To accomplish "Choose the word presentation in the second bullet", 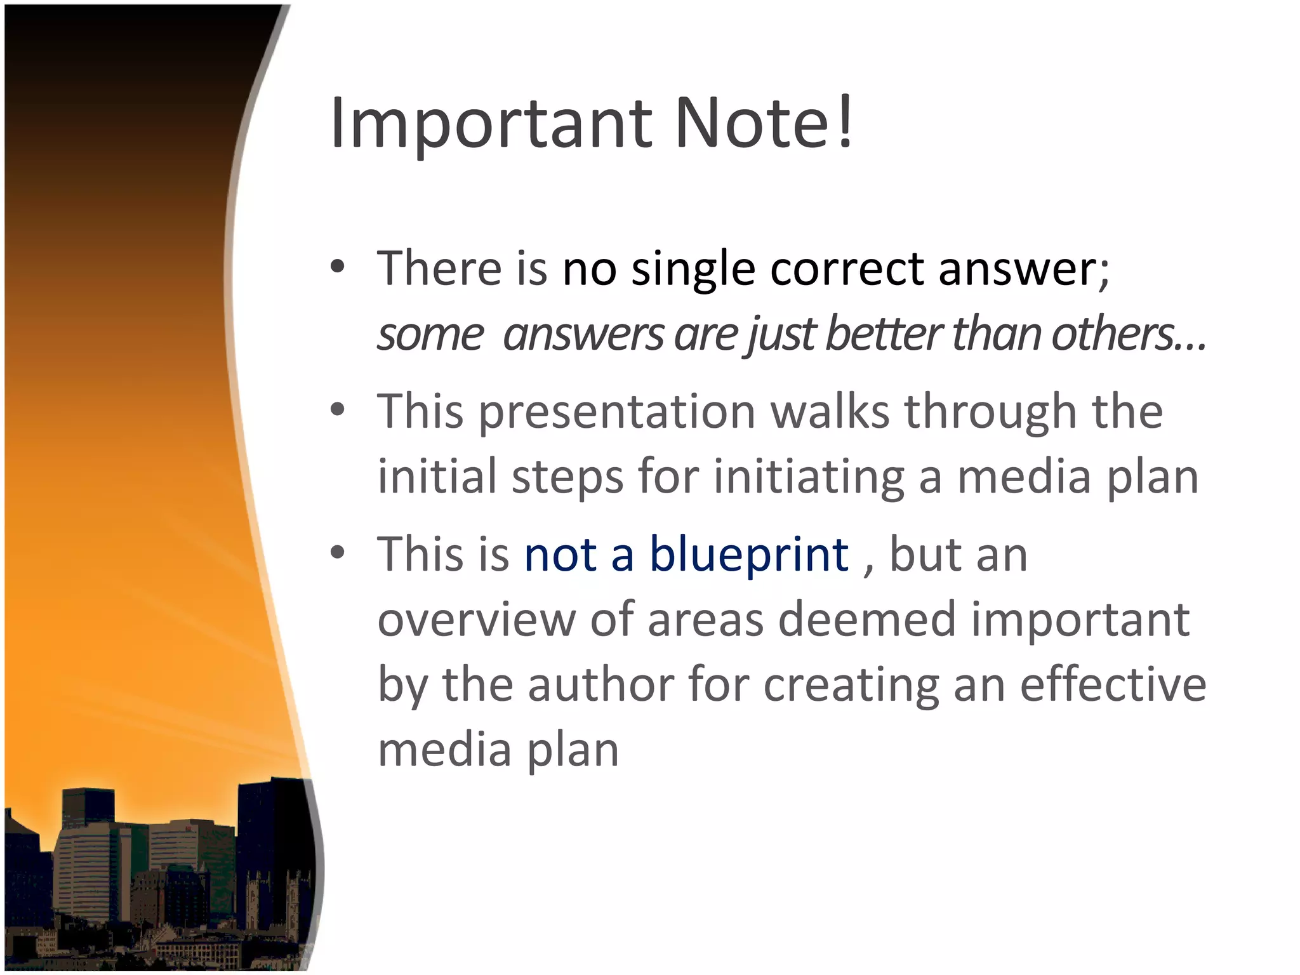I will pyautogui.click(x=616, y=413).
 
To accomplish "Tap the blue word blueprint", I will pyautogui.click(x=748, y=555).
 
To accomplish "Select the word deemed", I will pyautogui.click(x=866, y=620).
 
